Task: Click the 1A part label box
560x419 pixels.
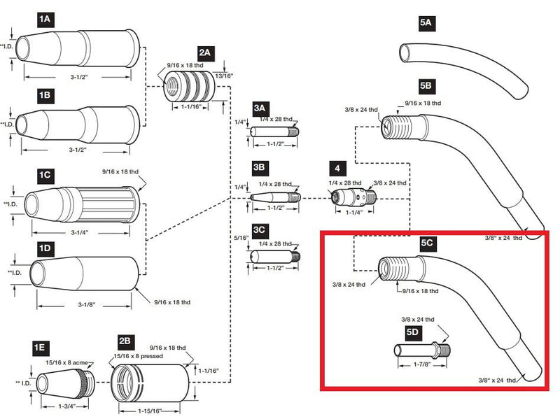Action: pyautogui.click(x=44, y=20)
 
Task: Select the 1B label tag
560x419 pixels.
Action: pyautogui.click(x=44, y=93)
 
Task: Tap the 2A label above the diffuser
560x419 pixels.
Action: pyautogui.click(x=205, y=53)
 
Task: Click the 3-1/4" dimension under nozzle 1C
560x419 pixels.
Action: pyautogui.click(x=80, y=232)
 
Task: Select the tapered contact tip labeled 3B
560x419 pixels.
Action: pyautogui.click(x=276, y=197)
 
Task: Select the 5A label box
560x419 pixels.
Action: pyautogui.click(x=426, y=23)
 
